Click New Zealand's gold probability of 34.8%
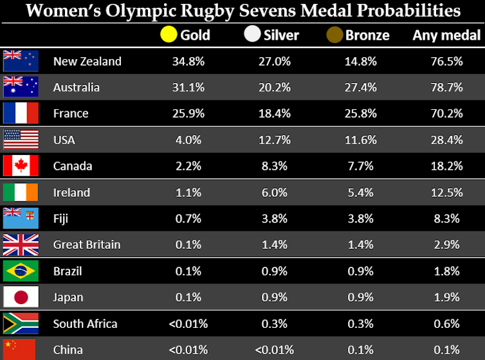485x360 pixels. coord(188,61)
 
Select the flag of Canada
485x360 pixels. coord(21,165)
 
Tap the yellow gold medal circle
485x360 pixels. coord(169,34)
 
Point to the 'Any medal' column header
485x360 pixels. coord(446,35)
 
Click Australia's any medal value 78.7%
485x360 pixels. coord(446,87)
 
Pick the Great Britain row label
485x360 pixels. coord(87,244)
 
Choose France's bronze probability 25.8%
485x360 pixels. coord(358,114)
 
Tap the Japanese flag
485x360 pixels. coord(21,297)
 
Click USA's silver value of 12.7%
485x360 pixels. coord(273,140)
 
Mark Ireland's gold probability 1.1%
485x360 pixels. coord(188,192)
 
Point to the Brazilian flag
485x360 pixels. coord(21,271)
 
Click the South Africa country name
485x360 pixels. coord(85,323)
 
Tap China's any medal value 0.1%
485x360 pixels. coord(446,350)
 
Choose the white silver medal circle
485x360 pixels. coord(252,34)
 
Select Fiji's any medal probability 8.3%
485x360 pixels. coord(446,219)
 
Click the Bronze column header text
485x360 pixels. coord(367,35)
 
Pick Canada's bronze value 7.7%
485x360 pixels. coord(358,166)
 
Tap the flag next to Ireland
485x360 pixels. coord(21,192)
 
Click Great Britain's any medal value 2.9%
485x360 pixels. coord(446,244)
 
